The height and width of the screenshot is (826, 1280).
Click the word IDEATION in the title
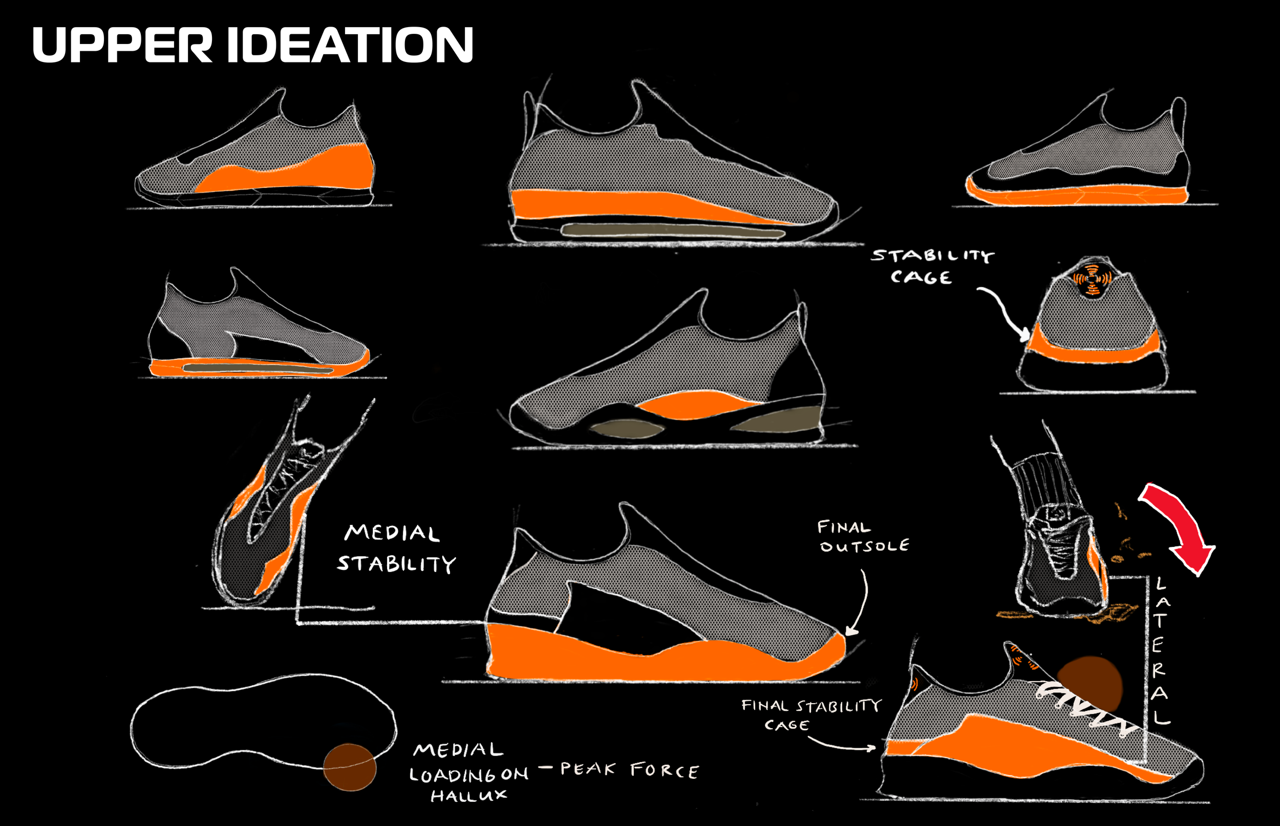(350, 46)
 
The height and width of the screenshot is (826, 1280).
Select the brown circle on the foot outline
(350, 767)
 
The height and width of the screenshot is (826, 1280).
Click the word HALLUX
(468, 795)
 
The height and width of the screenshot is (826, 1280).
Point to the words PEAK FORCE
(630, 770)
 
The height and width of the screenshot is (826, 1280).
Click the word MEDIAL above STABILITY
(392, 533)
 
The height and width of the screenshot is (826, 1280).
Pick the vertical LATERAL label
(1159, 650)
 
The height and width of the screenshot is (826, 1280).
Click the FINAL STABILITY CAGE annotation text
(811, 715)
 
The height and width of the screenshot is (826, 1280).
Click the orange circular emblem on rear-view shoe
(1092, 279)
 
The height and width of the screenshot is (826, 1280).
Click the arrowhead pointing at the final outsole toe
(850, 632)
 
